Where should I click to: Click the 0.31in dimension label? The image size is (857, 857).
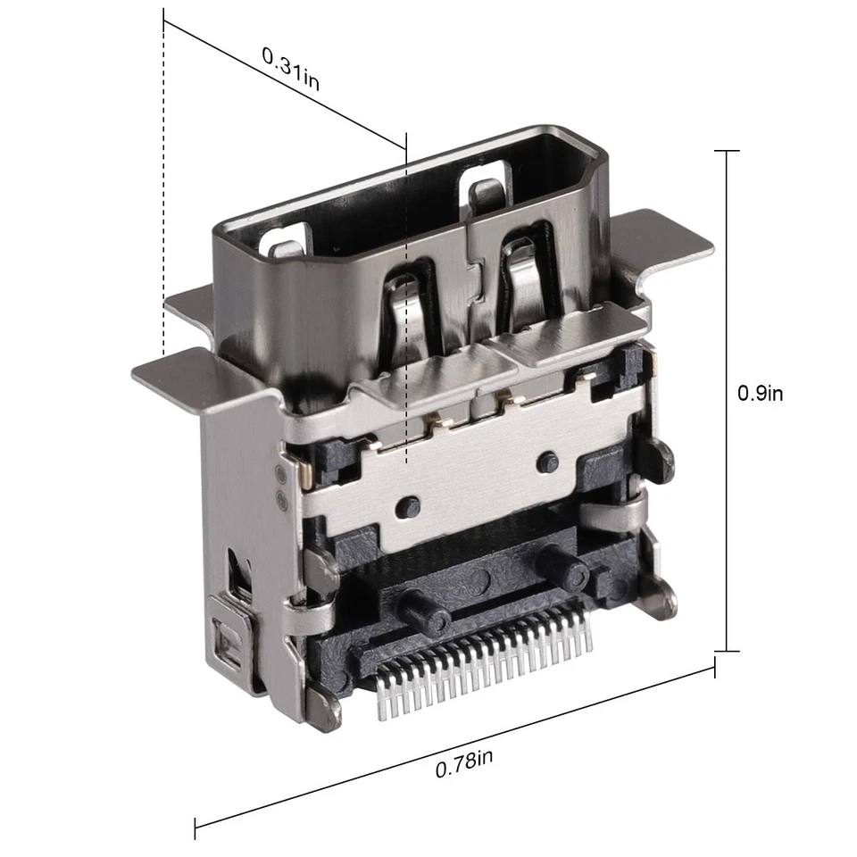coord(290,68)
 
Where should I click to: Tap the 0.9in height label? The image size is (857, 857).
coord(760,392)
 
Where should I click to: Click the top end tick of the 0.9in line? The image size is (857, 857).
coord(727,151)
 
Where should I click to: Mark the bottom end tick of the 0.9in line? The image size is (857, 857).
coord(727,652)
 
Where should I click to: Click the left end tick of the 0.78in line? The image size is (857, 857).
coord(196,827)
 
